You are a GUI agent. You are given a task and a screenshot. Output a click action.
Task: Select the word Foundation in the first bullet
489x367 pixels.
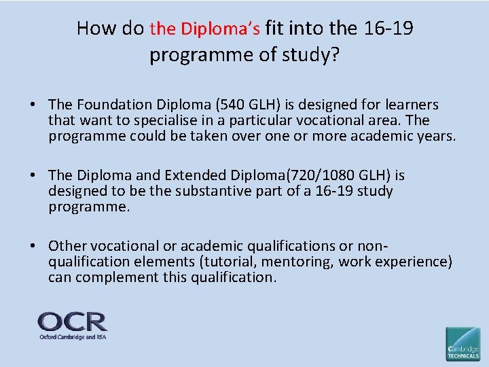108,105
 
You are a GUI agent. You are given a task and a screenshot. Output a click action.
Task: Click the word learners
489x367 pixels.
412,105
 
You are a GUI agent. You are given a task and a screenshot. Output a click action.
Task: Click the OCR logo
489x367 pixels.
72,321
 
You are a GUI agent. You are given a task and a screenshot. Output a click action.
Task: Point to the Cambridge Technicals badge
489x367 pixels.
463,343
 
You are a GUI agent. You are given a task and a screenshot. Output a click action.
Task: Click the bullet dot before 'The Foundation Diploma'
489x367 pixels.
33,105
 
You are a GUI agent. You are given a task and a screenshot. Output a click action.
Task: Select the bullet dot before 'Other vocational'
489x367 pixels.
33,247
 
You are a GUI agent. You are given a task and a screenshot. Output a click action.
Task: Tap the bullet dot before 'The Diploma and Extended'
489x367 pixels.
33,176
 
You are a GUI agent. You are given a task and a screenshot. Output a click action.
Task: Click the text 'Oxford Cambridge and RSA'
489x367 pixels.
72,336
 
